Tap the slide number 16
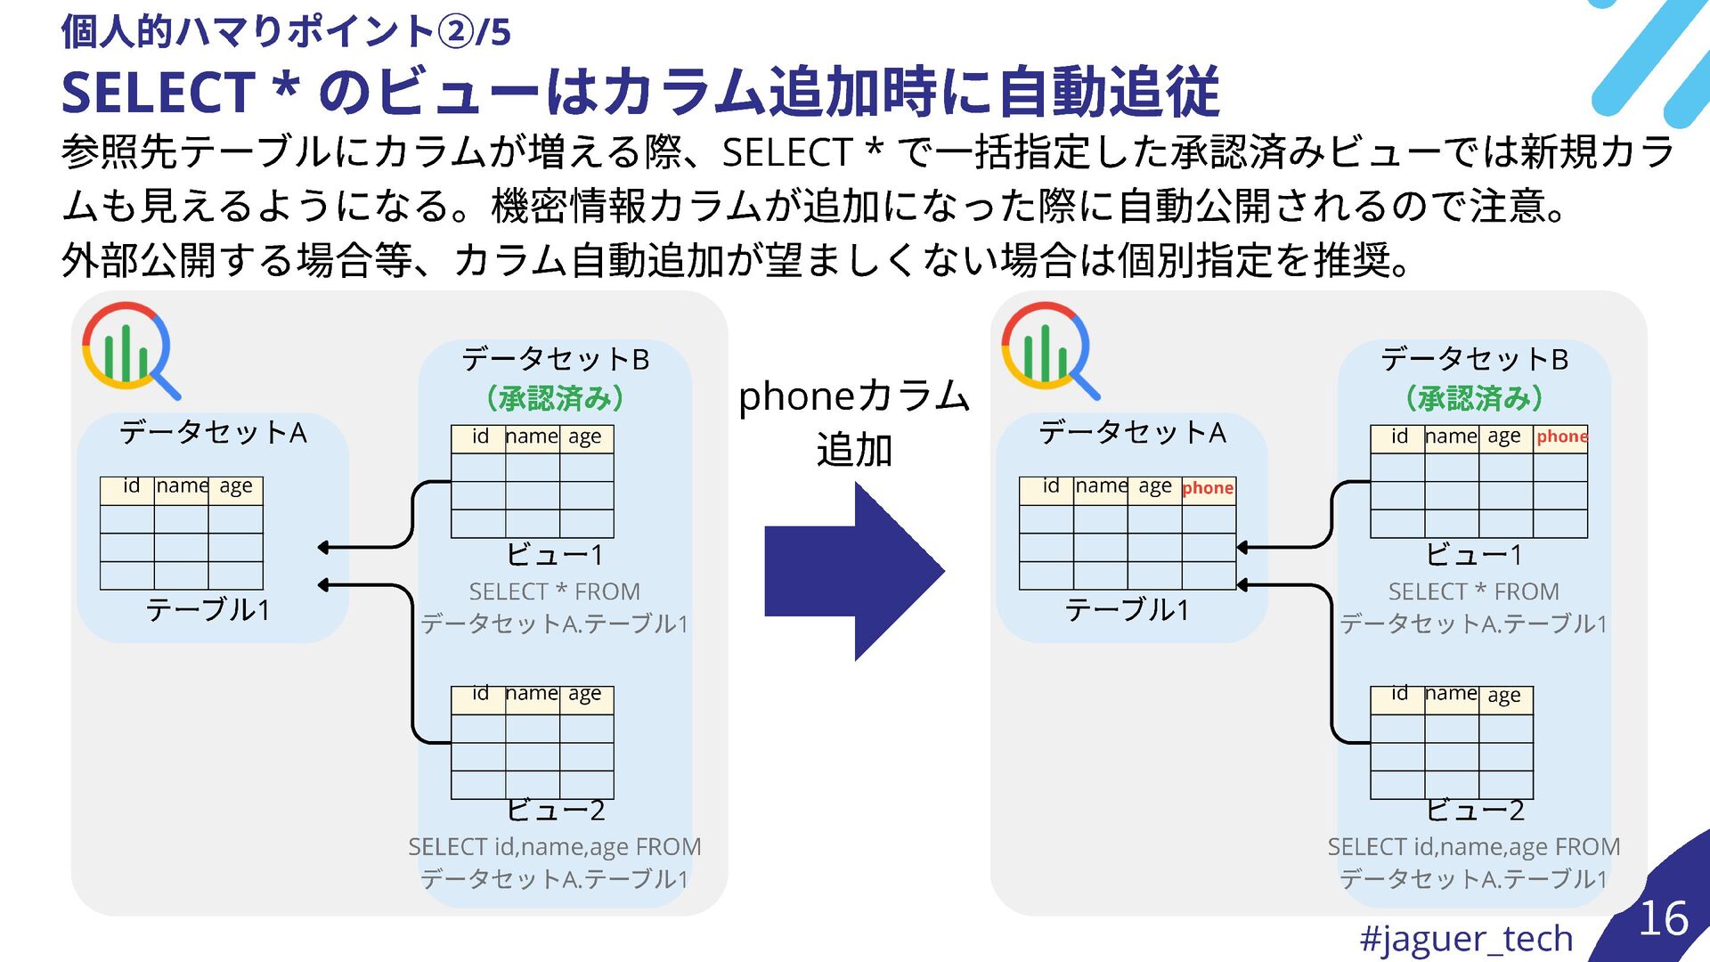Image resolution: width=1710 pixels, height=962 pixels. click(x=1663, y=918)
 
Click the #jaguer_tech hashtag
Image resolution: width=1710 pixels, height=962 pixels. click(x=1466, y=938)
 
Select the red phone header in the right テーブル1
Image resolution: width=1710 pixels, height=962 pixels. click(x=1208, y=488)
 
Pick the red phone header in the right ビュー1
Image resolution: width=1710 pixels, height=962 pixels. click(x=1561, y=436)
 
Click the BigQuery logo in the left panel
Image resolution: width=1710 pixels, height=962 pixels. click(x=128, y=349)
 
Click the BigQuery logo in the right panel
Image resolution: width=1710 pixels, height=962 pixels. click(x=1047, y=349)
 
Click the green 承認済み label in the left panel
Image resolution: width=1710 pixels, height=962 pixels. click(x=555, y=397)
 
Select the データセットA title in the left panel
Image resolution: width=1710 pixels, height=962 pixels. click(x=213, y=433)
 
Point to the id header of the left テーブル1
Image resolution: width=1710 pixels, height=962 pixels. click(x=131, y=486)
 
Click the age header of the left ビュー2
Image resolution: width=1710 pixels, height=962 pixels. click(x=585, y=694)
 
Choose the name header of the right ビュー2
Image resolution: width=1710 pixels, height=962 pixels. click(x=1451, y=694)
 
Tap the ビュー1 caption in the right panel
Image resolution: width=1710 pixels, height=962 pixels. click(x=1474, y=555)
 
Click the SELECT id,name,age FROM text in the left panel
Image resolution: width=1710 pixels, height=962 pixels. click(x=554, y=847)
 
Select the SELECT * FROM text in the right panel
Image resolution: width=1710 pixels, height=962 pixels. click(x=1473, y=591)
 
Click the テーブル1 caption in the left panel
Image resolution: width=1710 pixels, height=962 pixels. click(x=208, y=610)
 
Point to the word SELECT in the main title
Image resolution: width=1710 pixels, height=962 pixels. click(x=158, y=93)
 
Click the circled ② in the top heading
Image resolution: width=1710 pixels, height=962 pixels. click(x=456, y=32)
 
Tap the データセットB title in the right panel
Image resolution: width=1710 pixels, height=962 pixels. click(x=1474, y=359)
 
